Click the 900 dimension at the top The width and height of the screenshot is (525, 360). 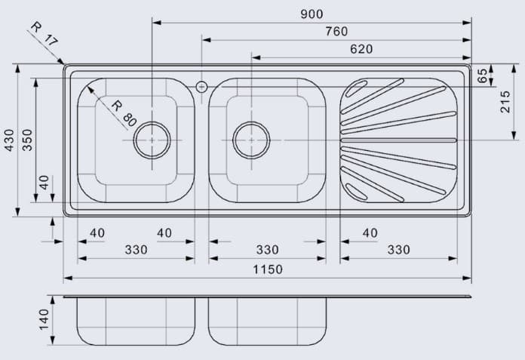311,14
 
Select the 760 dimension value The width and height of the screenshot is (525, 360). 336,32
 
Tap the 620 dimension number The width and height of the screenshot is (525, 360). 361,49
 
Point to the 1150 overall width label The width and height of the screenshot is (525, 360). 267,269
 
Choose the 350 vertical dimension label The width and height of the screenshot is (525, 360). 28,140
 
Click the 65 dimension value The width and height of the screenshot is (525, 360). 483,75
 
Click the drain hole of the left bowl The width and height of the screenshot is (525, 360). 152,140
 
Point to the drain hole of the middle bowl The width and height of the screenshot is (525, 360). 251,140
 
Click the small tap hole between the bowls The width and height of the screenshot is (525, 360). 201,87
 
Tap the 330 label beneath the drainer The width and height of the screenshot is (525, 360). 398,250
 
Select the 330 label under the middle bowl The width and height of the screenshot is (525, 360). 267,250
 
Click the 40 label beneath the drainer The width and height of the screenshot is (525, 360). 370,233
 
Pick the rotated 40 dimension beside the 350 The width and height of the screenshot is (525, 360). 44,183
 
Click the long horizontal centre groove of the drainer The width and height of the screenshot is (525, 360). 398,140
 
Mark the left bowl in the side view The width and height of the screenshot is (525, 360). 135,322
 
